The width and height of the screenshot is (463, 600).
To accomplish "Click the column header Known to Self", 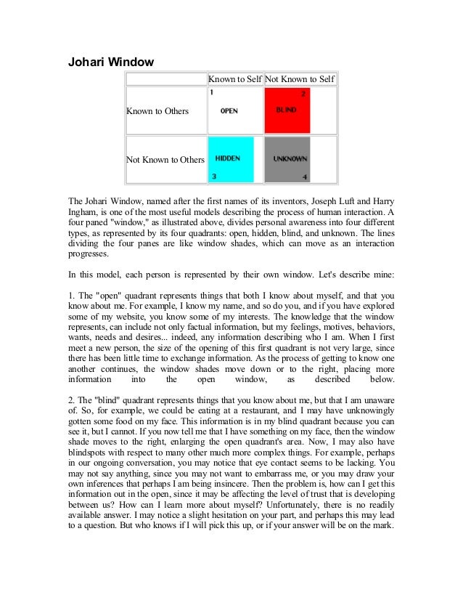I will tap(235, 78).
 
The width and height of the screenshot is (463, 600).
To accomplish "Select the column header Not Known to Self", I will tap(300, 78).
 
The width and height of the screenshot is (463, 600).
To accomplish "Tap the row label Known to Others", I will tap(157, 111).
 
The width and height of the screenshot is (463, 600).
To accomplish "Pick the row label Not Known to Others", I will tap(165, 160).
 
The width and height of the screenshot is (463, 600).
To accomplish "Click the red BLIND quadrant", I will tap(287, 110).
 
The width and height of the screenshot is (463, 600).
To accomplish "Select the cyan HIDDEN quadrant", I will tap(230, 159).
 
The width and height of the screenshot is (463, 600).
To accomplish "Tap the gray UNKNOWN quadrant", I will tap(287, 159).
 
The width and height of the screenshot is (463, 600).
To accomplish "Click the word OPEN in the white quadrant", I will tap(229, 110).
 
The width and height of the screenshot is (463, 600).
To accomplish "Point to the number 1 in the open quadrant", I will tap(211, 93).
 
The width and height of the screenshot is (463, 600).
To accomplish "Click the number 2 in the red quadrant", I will tap(303, 94).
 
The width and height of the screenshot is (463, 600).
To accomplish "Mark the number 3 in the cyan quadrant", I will tap(214, 177).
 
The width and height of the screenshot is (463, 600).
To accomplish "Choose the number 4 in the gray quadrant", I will tap(305, 177).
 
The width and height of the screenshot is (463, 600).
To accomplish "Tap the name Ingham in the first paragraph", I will tap(83, 211).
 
